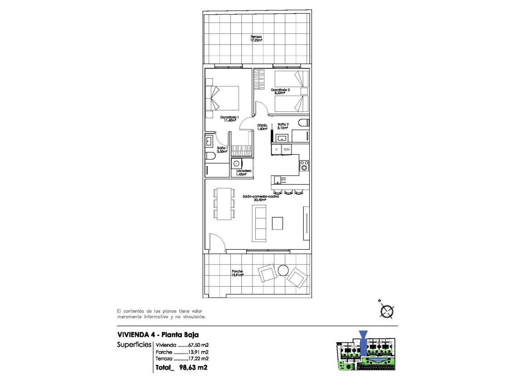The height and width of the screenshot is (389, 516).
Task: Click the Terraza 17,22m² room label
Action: click(x=256, y=38)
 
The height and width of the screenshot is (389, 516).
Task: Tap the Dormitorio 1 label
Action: click(x=229, y=119)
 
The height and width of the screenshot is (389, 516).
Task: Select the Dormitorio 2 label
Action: click(x=280, y=91)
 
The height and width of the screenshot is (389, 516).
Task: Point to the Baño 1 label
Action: click(x=222, y=150)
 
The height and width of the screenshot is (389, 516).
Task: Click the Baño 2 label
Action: click(x=283, y=126)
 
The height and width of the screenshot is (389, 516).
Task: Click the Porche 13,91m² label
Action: click(x=237, y=273)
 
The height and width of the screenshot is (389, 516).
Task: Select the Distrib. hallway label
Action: click(x=263, y=127)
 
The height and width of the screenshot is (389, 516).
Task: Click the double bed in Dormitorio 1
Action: click(x=225, y=98)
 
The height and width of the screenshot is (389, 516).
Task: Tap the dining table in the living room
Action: click(x=224, y=204)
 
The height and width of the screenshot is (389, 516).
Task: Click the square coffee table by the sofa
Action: click(x=277, y=223)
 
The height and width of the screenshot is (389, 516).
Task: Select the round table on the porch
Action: click(x=283, y=270)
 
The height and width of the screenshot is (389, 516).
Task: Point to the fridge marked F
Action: click(x=276, y=149)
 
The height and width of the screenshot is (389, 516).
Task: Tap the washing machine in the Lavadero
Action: click(x=236, y=164)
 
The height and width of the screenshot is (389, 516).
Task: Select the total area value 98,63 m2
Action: click(x=194, y=368)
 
